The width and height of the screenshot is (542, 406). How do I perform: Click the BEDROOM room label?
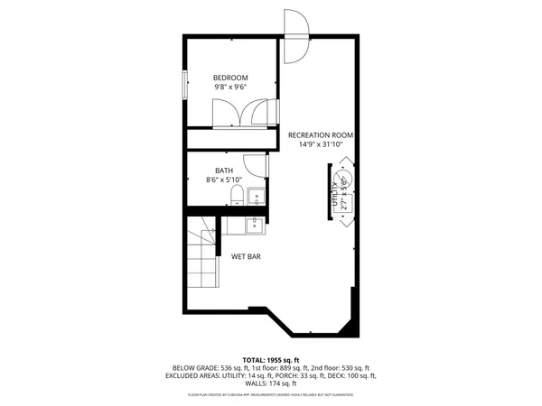230,78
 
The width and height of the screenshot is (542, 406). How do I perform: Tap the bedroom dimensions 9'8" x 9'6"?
230,88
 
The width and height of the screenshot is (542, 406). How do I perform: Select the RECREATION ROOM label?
321,135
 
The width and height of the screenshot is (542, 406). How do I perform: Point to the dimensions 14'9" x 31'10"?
321,145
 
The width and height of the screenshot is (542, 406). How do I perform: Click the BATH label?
224,170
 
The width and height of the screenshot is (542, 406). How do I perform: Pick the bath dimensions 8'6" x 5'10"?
224,180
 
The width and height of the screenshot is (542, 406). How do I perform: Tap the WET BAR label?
247,257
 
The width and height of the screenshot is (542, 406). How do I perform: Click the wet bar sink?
255,220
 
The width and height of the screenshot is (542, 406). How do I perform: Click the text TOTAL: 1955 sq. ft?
270,359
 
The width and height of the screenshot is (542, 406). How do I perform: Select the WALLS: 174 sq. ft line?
270,383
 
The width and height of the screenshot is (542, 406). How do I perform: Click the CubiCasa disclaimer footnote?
270,395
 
